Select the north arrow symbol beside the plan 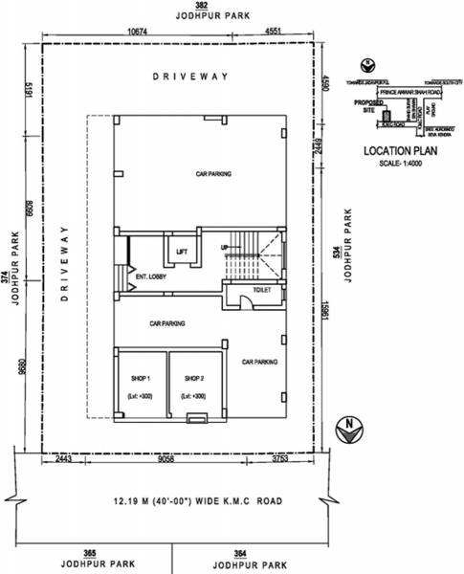[x=352, y=428]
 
